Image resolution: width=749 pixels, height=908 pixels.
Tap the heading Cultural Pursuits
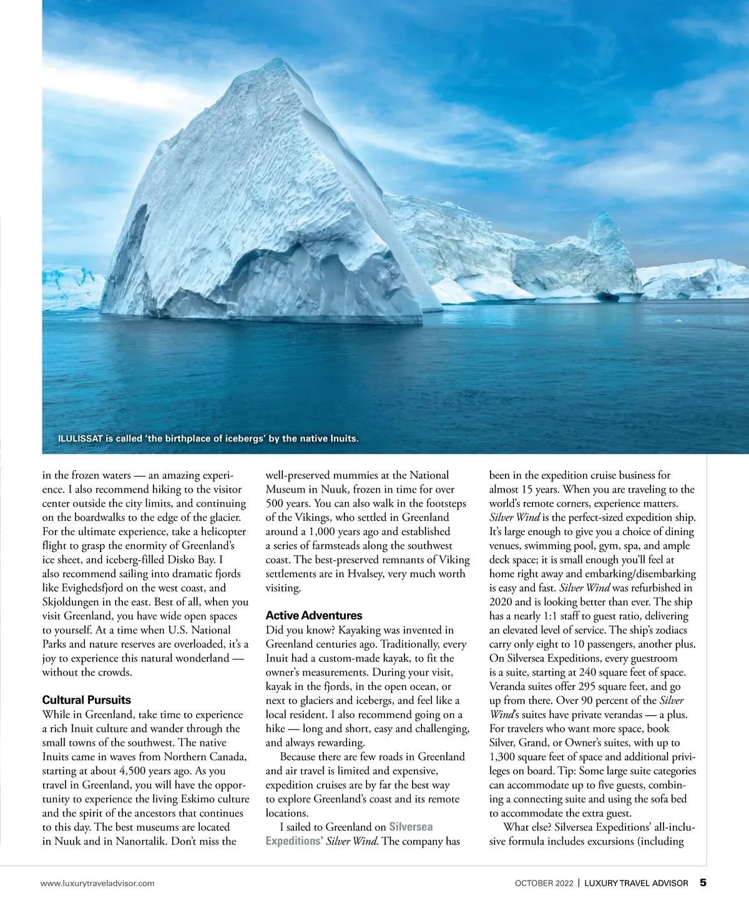click(x=86, y=700)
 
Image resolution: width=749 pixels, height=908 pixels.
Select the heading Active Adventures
click(x=314, y=616)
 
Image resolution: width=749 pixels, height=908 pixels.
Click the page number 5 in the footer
click(x=703, y=883)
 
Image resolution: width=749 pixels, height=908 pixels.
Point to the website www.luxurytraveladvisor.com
click(x=97, y=883)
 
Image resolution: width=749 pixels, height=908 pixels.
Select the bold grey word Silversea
click(x=411, y=827)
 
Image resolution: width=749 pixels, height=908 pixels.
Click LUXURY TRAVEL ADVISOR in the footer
click(x=636, y=883)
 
